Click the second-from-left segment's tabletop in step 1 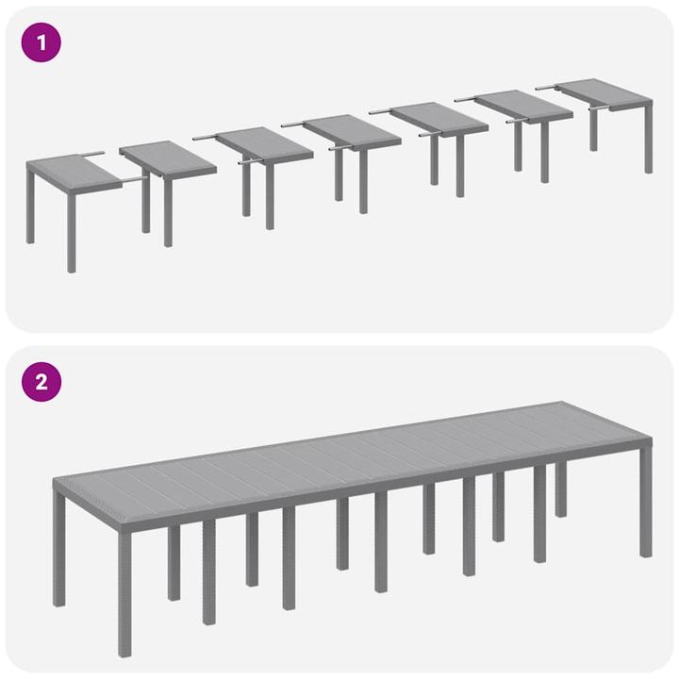pos(168,157)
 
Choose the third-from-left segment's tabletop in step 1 pos(264,144)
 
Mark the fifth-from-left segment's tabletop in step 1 pos(438,119)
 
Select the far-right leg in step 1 pos(649,141)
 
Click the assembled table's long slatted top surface pos(358,462)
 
